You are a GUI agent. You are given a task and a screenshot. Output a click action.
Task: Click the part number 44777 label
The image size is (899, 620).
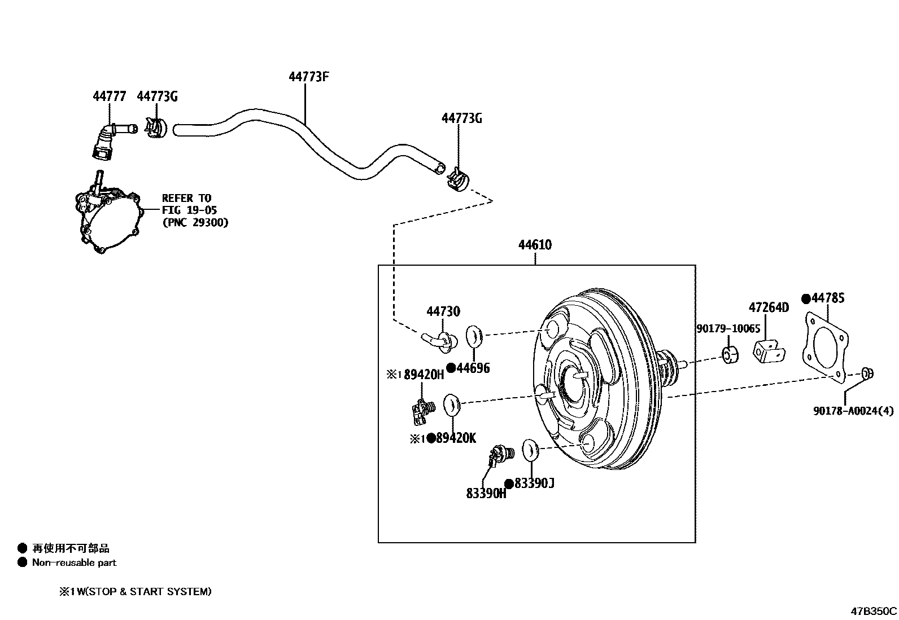[x=109, y=96]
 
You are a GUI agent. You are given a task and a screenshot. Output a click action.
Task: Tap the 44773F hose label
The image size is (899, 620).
[x=308, y=76]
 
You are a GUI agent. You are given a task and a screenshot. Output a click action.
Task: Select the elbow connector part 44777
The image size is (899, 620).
[x=108, y=140]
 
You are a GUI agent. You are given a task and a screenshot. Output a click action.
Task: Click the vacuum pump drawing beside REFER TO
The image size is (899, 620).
[x=107, y=217]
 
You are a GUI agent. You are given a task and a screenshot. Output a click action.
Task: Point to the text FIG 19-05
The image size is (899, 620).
[x=189, y=210]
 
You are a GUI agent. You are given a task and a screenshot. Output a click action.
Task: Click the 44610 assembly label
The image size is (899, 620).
[x=535, y=245]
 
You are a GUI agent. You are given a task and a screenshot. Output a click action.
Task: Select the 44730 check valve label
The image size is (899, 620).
[x=443, y=311]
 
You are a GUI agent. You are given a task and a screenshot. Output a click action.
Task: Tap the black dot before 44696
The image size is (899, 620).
[x=451, y=368]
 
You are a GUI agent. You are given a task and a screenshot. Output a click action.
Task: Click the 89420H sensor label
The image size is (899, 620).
[x=424, y=375]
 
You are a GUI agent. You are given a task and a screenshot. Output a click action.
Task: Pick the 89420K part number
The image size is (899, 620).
[x=456, y=438]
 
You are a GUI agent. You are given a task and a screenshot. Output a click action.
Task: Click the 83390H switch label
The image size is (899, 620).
[x=486, y=493]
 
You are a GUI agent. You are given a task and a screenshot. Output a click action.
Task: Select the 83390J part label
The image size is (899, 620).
[x=534, y=483]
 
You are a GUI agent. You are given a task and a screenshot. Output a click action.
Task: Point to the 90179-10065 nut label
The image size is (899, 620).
[x=728, y=328]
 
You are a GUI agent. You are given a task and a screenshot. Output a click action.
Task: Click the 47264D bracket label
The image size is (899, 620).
[x=769, y=307]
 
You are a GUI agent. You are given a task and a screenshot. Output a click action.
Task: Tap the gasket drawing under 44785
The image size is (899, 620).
[x=825, y=350]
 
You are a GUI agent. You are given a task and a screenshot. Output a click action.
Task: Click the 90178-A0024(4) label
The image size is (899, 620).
[x=853, y=411]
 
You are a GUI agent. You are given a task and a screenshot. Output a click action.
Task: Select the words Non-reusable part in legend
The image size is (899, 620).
[x=74, y=562]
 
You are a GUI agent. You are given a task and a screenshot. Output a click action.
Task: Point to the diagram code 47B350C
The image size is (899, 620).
[x=874, y=610]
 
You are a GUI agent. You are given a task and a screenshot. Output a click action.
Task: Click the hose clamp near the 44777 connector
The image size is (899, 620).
[x=154, y=129]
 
